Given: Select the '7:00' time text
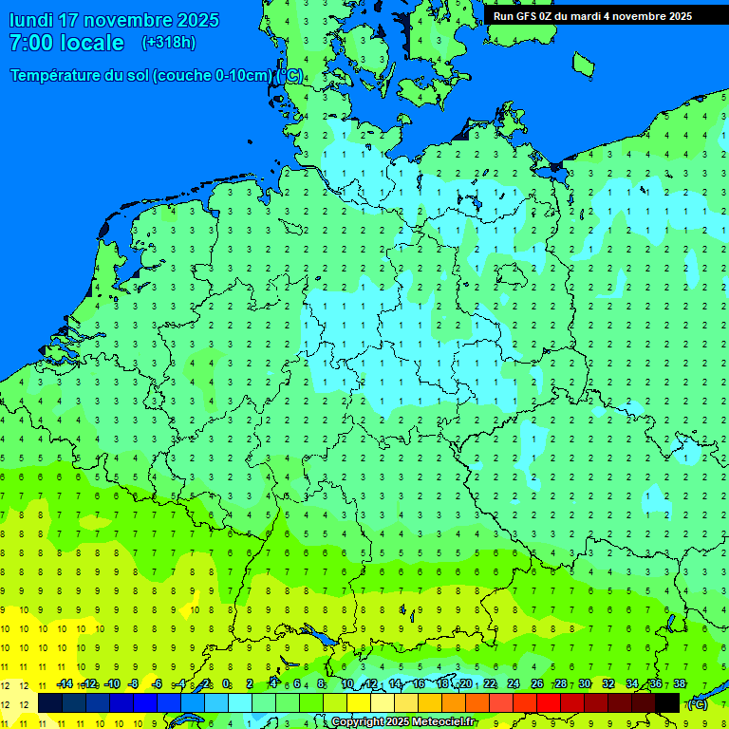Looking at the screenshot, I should (x=30, y=43).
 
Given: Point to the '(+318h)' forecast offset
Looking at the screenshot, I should (x=168, y=43).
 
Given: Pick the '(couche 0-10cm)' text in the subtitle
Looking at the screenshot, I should (x=215, y=76).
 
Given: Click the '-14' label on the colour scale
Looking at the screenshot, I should (x=65, y=684).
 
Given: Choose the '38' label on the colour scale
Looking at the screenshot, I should (x=679, y=684).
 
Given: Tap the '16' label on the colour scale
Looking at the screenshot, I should (x=419, y=684).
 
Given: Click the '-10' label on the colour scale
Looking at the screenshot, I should (x=112, y=684).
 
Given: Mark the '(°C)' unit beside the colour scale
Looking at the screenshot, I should (x=698, y=704).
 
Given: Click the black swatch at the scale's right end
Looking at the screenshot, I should (x=667, y=702).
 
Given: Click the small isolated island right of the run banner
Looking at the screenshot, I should (x=583, y=65).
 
